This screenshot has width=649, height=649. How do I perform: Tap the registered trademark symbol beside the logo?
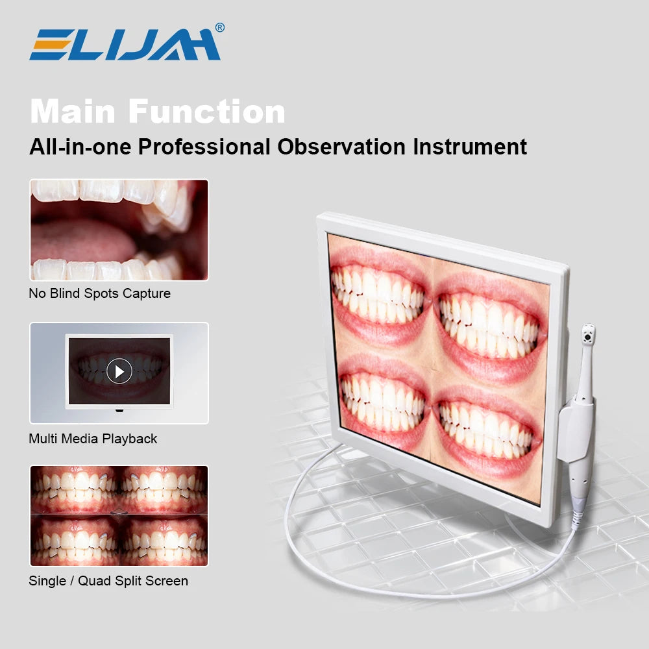coord(219,28)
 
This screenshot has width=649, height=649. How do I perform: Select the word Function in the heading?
coord(215,112)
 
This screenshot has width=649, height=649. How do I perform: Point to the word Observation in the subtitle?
coord(343,146)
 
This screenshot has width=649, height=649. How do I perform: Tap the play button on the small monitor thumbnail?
coord(119,371)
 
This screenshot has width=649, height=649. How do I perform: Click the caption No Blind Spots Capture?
coord(99,293)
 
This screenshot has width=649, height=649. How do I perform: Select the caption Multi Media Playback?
coord(93,439)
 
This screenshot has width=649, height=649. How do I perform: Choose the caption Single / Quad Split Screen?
coord(108,581)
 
